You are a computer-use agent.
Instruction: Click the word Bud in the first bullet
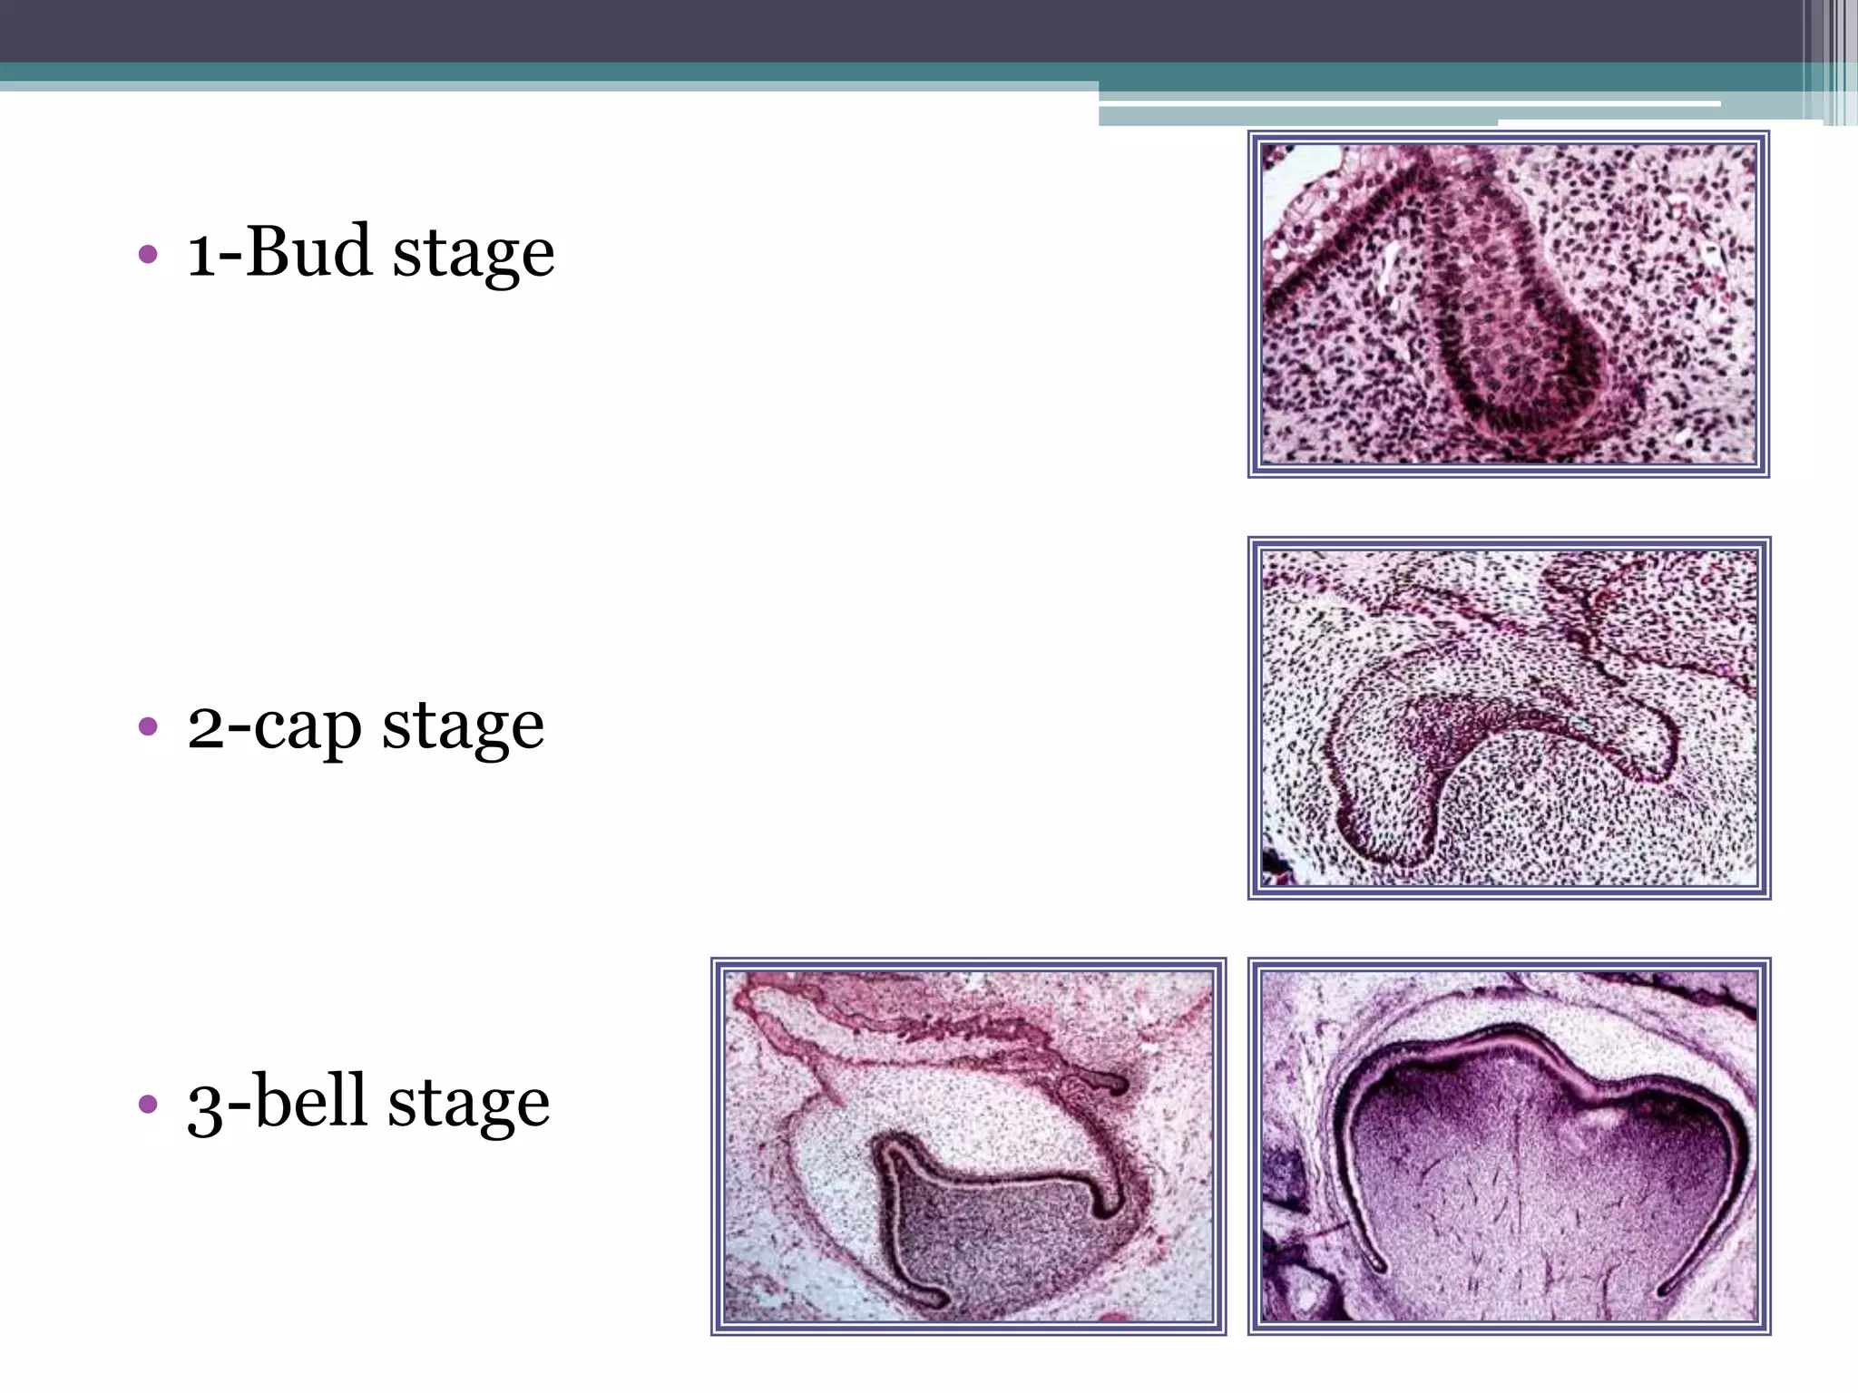click(x=308, y=251)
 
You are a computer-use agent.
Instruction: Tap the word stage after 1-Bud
click(x=473, y=254)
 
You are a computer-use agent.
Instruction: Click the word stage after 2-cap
click(x=463, y=727)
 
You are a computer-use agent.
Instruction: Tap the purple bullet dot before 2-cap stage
click(x=148, y=726)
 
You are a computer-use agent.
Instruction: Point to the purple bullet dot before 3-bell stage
click(x=148, y=1104)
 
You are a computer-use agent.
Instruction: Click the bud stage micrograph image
click(x=1508, y=304)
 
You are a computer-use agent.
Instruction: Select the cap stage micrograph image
click(x=1508, y=717)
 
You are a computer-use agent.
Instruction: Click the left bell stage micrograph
click(x=968, y=1145)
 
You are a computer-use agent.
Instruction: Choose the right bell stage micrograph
click(x=1508, y=1145)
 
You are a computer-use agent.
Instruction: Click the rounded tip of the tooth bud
click(x=1524, y=399)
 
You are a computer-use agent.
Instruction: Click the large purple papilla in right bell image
click(x=1524, y=1188)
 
